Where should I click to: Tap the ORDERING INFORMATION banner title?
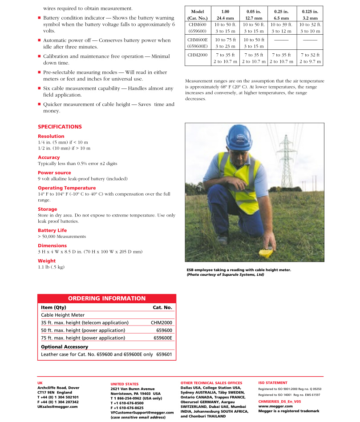tap(106, 298)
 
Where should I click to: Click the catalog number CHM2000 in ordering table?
tap(161, 323)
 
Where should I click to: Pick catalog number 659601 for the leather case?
tap(164, 354)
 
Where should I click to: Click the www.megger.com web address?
tap(275, 406)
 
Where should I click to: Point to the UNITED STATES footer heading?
tap(124, 384)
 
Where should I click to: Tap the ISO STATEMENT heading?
tap(273, 382)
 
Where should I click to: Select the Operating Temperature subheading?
tap(67, 188)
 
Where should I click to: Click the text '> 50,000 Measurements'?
tap(62, 237)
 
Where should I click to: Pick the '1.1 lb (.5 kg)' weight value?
tap(51, 267)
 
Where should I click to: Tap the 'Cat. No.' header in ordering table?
tap(162, 307)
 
